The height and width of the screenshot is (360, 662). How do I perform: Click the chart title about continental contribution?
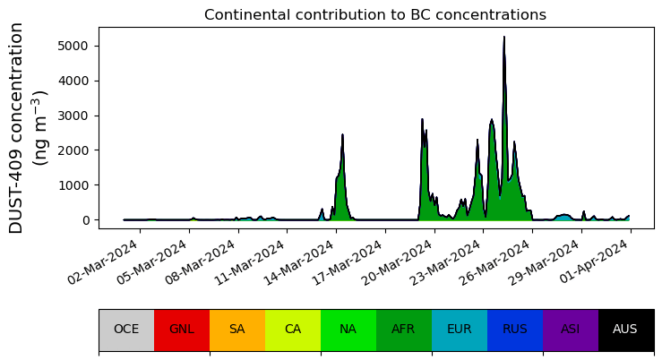374,15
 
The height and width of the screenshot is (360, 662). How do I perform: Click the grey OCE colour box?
126,330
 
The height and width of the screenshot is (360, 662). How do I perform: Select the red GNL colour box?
182,330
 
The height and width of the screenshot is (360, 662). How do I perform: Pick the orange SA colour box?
237,330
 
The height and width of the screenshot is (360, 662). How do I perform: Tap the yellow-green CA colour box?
293,330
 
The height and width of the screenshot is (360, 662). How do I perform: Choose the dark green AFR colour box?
404,330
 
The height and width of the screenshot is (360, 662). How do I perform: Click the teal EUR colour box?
460,330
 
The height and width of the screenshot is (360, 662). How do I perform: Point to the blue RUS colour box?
515,330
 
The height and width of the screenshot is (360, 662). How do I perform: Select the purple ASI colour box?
571,330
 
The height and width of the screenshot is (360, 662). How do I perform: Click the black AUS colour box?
625,330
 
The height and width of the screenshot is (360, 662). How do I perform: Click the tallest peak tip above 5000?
503,38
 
